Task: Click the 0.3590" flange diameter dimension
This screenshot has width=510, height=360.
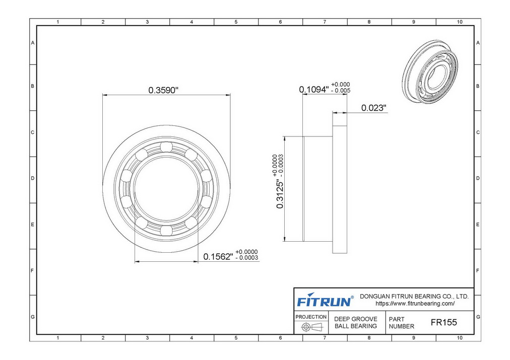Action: click(x=163, y=90)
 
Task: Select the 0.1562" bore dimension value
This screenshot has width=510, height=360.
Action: click(x=218, y=257)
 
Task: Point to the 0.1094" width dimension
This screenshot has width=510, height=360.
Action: click(x=314, y=89)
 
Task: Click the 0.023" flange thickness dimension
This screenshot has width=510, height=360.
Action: click(x=374, y=108)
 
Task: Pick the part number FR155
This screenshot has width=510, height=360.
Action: click(x=443, y=322)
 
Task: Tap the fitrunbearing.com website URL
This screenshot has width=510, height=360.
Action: click(x=415, y=304)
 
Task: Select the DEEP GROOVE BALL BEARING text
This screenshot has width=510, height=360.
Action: click(x=356, y=323)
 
